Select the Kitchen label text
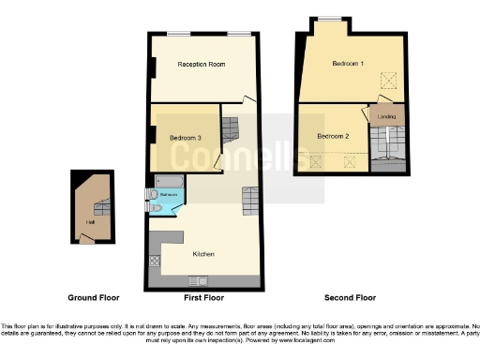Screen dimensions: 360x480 pos(204,254)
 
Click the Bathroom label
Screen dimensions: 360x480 pos(169,195)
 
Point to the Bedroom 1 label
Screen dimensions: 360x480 pos(348,64)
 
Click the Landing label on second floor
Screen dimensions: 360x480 pos(386,117)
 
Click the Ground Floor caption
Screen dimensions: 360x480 pos(93,297)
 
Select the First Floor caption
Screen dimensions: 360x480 pos(202,297)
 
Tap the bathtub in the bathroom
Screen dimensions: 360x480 pos(169,180)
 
